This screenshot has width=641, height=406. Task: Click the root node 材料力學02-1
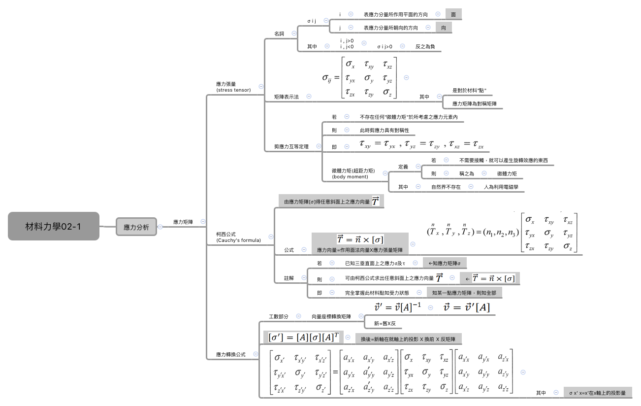click(x=53, y=226)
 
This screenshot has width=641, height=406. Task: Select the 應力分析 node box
click(x=136, y=227)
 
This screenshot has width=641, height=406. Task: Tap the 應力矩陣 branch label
click(x=183, y=222)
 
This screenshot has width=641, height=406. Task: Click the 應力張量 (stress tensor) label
click(x=233, y=87)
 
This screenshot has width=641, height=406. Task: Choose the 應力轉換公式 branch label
click(x=230, y=354)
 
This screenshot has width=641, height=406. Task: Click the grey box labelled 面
click(x=453, y=15)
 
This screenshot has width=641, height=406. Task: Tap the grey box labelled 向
click(x=444, y=28)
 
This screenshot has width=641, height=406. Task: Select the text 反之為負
click(x=425, y=46)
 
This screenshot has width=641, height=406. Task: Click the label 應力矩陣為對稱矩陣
click(x=474, y=104)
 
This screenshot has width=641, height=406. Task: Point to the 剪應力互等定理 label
click(x=291, y=147)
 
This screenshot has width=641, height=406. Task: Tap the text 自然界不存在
click(x=446, y=187)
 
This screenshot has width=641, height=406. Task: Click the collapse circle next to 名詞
click(x=294, y=34)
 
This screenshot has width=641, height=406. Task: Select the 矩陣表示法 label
click(x=287, y=97)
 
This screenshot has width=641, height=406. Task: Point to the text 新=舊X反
click(x=385, y=324)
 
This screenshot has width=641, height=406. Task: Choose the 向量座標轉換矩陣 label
click(x=331, y=316)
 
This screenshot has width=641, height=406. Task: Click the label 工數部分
click(x=279, y=316)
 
